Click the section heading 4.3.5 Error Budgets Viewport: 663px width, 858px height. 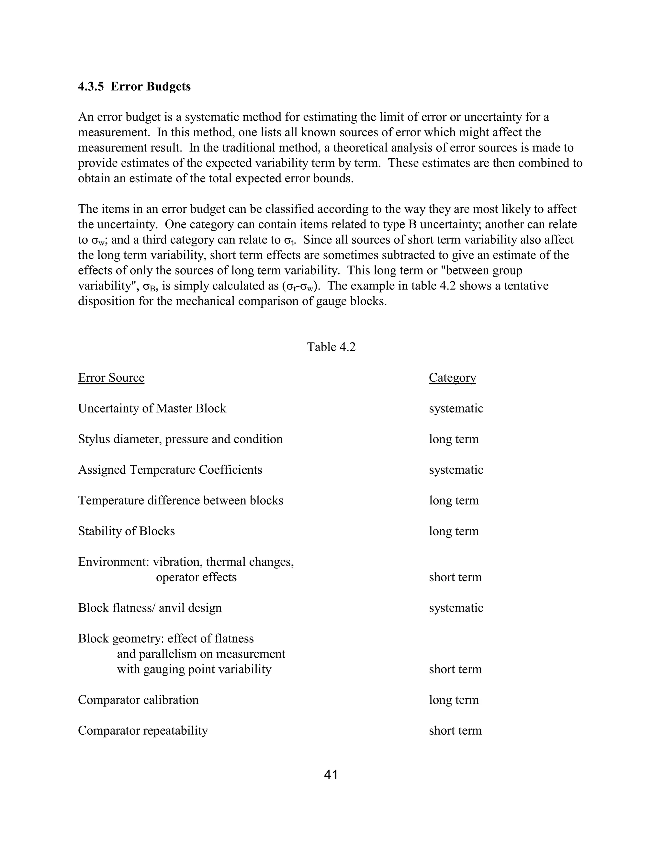pos(134,86)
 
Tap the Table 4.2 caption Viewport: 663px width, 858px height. pos(331,347)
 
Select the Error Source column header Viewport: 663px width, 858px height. pos(111,378)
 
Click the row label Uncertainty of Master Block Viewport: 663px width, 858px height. pos(152,408)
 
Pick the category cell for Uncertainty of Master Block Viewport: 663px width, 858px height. pos(455,408)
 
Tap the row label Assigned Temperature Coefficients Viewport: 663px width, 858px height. pos(170,469)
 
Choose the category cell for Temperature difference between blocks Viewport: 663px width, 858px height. pos(454,500)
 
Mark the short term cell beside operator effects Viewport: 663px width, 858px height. pos(455,577)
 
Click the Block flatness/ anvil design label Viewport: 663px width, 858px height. pos(150,608)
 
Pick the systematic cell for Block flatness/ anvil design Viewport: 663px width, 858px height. pos(455,608)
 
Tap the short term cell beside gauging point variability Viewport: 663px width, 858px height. pos(455,669)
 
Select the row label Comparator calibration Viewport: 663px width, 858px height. pos(138,700)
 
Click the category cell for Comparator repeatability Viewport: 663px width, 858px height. pos(455,730)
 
